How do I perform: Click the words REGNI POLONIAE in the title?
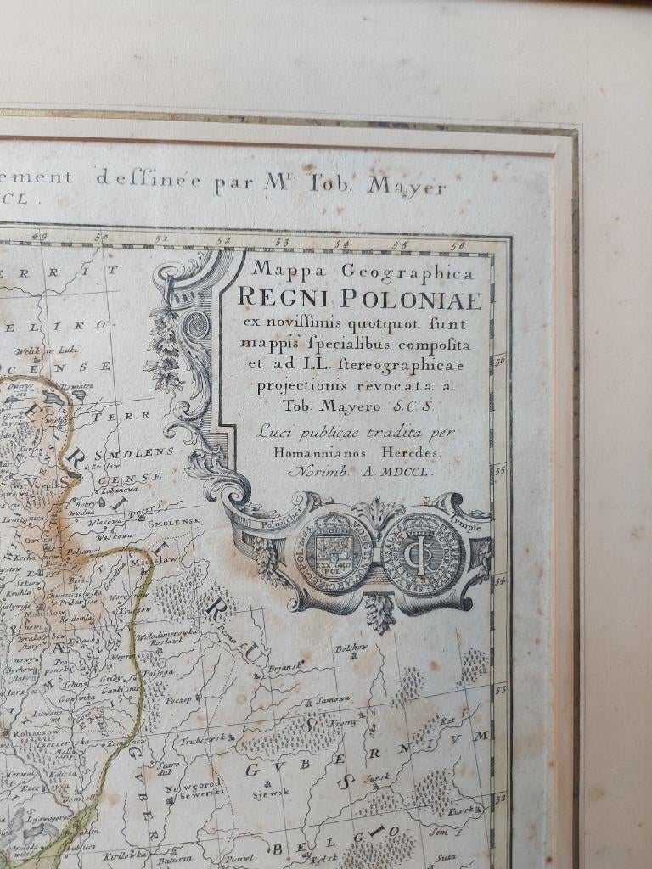pyautogui.click(x=360, y=299)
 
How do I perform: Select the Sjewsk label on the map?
pyautogui.click(x=271, y=792)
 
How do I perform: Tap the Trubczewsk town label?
pyautogui.click(x=203, y=739)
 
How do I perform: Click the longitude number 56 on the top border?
pyautogui.click(x=459, y=245)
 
